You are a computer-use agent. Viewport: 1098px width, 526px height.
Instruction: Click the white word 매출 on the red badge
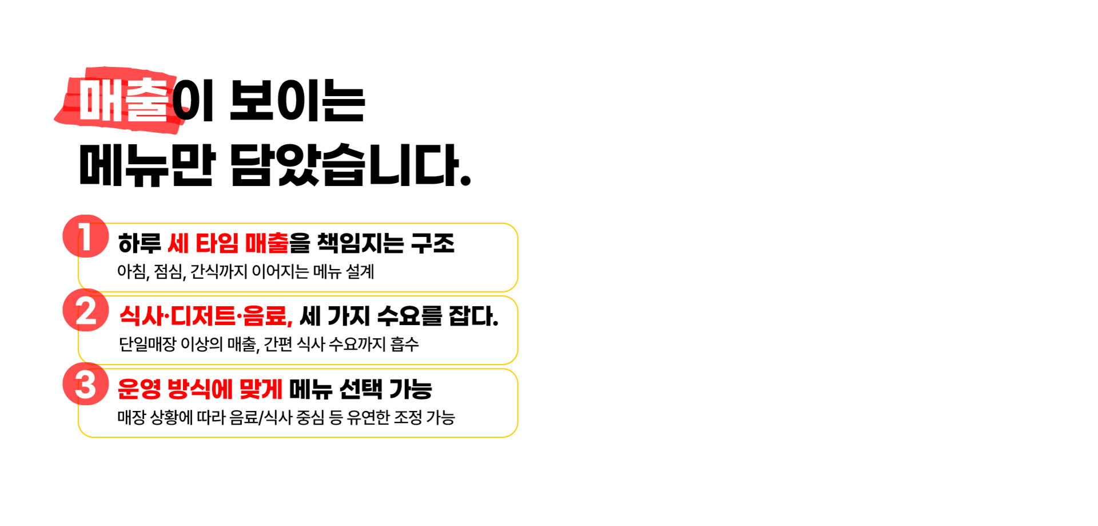(124, 100)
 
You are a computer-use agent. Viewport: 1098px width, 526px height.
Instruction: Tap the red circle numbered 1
(85, 236)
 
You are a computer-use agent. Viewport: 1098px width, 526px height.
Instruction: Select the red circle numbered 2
(85, 310)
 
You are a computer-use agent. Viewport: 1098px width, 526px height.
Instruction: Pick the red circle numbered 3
(85, 383)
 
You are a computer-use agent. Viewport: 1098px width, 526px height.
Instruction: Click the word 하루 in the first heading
(140, 244)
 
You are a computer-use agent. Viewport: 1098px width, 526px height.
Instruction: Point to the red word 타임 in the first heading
(217, 244)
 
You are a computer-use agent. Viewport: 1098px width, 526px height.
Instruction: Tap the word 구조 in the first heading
(433, 244)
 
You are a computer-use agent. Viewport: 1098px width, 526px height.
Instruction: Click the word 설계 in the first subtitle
(360, 271)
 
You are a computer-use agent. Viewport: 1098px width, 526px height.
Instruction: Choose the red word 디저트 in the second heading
(203, 317)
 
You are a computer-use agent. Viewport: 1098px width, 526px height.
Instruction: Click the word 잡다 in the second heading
(472, 317)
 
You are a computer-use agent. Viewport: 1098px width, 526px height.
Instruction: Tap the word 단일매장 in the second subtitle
(148, 344)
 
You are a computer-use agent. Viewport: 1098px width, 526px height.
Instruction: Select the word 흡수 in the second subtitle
(405, 344)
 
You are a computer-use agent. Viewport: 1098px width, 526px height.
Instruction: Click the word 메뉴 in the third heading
(311, 390)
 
